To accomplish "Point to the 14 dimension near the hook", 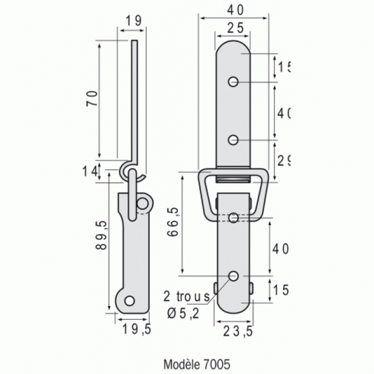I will point(89,170).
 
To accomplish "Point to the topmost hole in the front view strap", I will point(233,82).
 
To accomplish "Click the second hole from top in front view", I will point(233,139).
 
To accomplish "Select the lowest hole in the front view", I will point(233,276).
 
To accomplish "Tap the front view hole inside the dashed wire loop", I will point(233,217).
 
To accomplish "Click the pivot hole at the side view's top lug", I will point(142,203).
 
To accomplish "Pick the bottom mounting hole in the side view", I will point(129,301).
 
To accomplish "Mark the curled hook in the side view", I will point(130,169).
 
